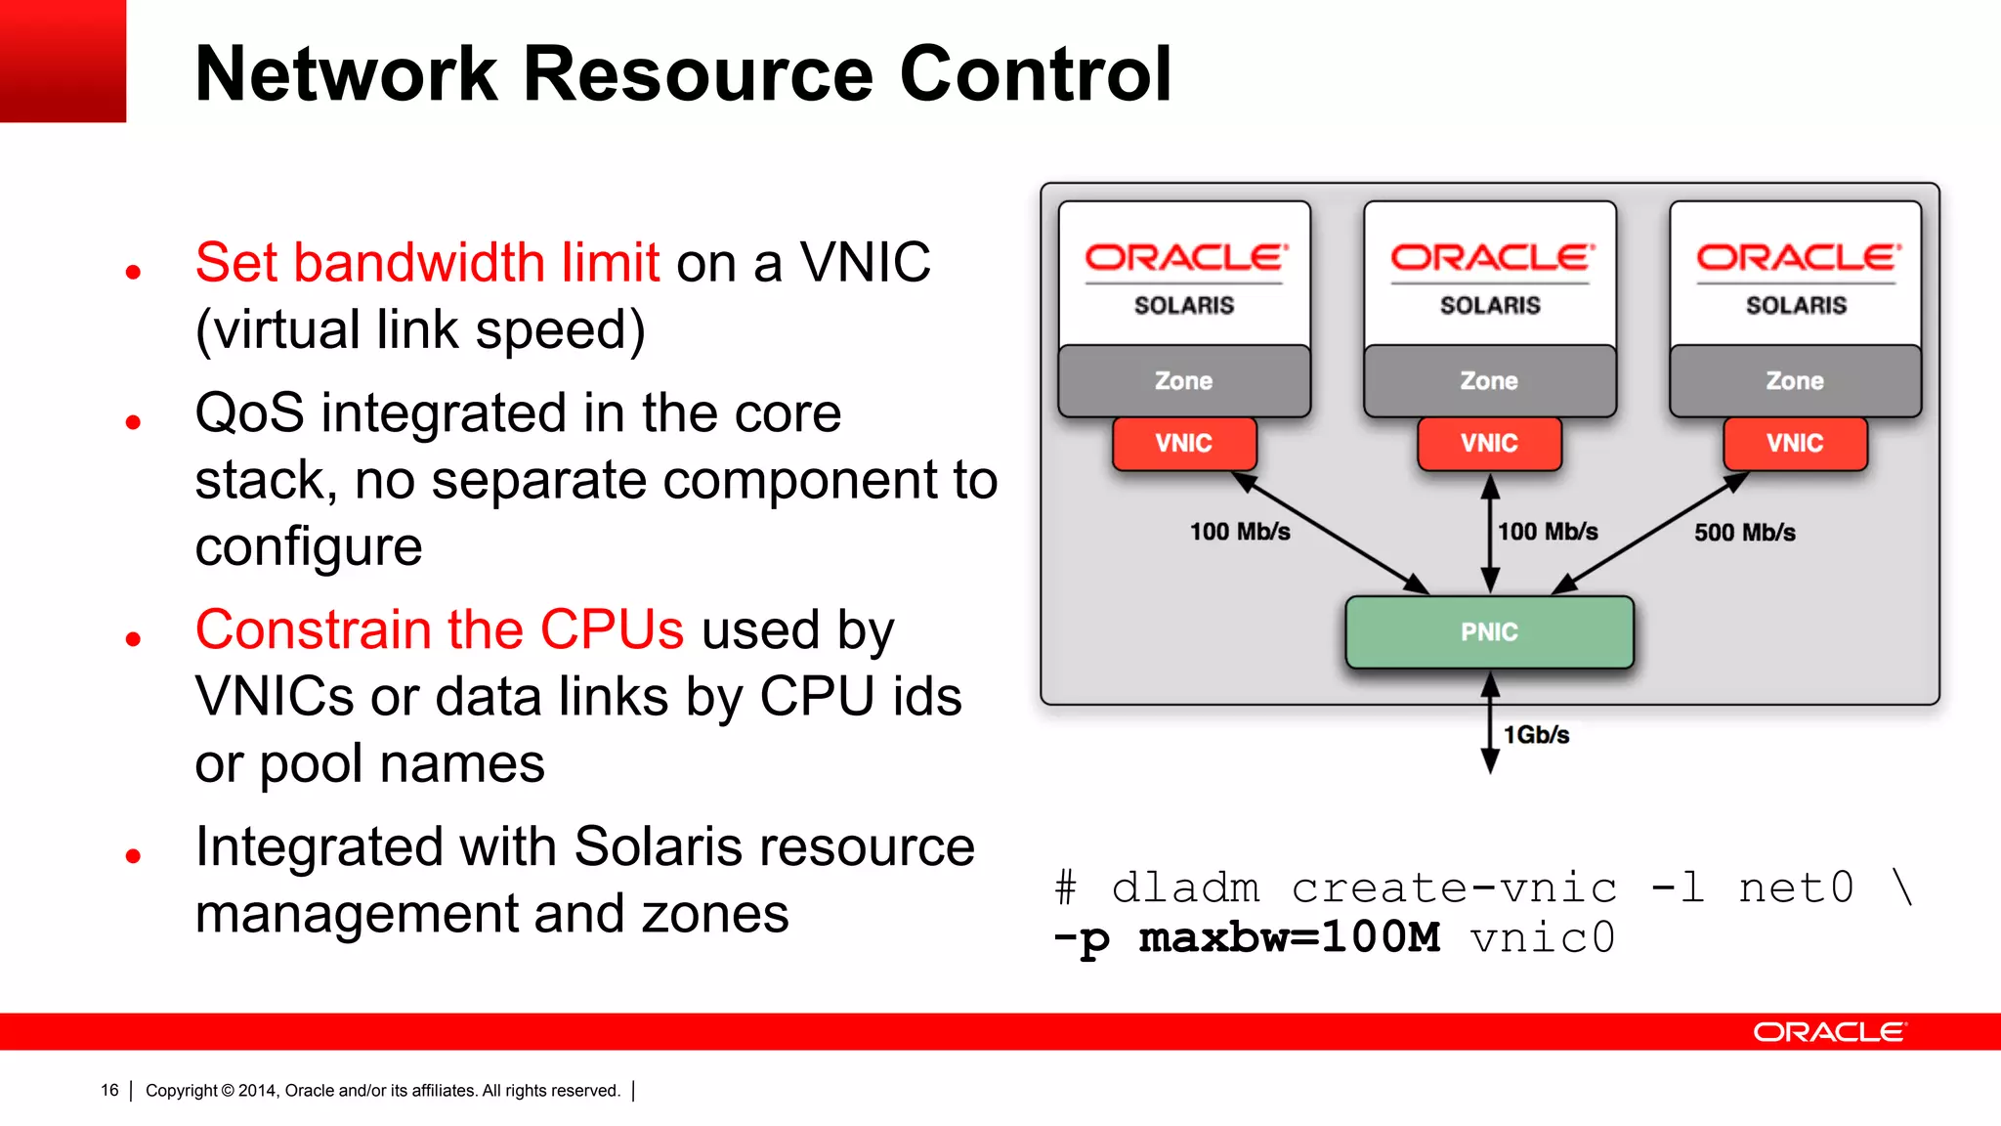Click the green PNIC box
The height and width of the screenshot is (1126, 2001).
coord(1489,632)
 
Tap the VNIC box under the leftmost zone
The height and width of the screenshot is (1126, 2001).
coord(1183,444)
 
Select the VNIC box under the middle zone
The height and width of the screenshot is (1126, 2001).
coord(1489,444)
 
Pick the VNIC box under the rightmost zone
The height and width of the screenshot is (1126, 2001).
coord(1795,444)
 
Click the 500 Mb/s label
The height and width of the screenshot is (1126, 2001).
coord(1744,533)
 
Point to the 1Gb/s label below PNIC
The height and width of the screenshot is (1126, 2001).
coord(1536,735)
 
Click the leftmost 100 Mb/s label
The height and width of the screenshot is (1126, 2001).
coord(1240,532)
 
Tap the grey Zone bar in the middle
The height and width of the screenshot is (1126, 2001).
coord(1489,381)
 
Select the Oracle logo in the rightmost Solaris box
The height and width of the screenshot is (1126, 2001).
coord(1797,258)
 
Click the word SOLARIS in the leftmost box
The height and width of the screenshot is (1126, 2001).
coord(1184,306)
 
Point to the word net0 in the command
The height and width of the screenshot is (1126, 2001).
coord(1796,888)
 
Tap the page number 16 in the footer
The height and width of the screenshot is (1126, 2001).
coord(109,1090)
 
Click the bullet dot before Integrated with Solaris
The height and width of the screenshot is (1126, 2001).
coord(134,856)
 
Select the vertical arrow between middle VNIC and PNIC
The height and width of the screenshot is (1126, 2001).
coord(1490,534)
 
